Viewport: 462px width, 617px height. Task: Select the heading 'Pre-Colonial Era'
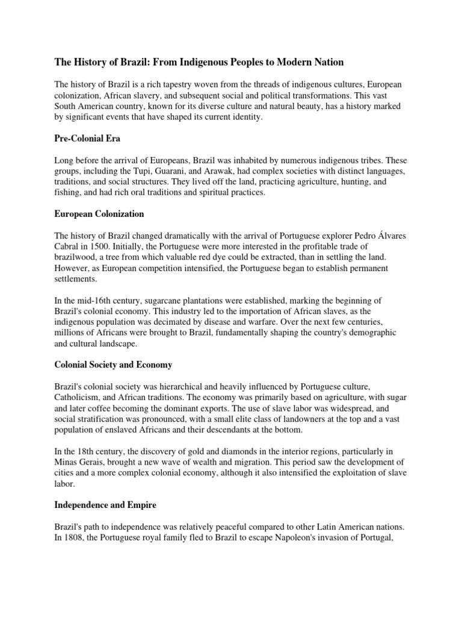pos(87,139)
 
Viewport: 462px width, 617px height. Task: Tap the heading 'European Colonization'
pos(99,214)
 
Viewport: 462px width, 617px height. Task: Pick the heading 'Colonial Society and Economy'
pos(113,365)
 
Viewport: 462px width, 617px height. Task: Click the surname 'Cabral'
pos(69,248)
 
